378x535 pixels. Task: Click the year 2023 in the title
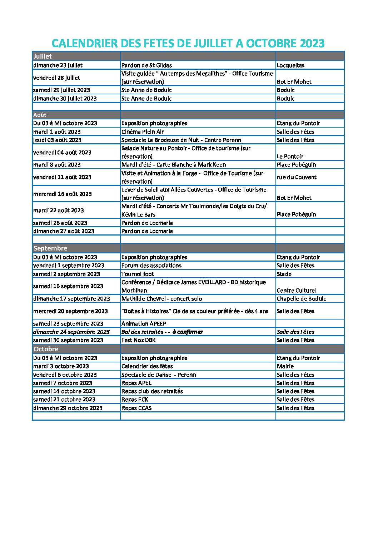(312, 44)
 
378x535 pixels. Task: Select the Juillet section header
(43, 56)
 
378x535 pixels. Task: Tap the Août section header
(40, 115)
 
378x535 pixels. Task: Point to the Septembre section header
(50, 248)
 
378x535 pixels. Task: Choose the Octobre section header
(46, 349)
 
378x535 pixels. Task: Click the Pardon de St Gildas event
(146, 65)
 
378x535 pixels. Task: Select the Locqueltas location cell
(290, 65)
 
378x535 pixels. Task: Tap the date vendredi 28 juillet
(56, 78)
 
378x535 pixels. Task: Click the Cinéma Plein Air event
(143, 132)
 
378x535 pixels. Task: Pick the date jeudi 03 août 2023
(57, 140)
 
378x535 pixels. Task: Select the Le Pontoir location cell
(290, 157)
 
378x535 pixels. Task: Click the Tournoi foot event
(138, 274)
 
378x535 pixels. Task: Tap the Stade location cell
(284, 274)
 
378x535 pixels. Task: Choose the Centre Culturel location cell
(296, 291)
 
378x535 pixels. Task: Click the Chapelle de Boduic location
(301, 299)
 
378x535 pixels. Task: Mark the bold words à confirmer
(187, 332)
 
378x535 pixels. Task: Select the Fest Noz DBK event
(138, 340)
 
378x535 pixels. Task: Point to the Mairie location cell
(285, 366)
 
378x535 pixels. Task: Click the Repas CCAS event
(136, 408)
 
